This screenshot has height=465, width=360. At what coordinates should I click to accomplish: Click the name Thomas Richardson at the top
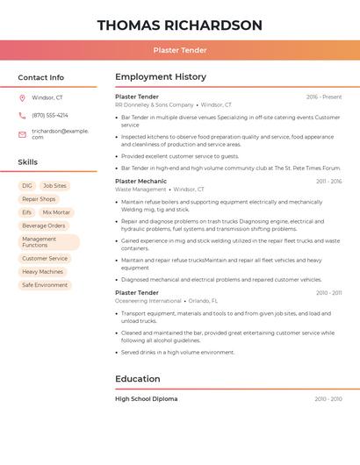tap(179, 25)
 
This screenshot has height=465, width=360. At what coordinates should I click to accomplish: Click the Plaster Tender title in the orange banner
tap(179, 51)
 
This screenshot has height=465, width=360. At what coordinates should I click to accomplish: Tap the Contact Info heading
tap(41, 77)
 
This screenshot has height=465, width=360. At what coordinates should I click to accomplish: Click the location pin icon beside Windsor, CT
tap(22, 97)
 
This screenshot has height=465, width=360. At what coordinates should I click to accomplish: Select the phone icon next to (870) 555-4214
tap(22, 115)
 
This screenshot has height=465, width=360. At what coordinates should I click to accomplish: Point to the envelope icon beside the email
tap(22, 134)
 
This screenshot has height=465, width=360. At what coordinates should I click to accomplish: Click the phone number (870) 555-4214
tap(50, 115)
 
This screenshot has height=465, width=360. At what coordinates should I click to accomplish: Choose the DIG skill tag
tap(27, 186)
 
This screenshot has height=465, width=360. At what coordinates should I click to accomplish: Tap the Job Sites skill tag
tap(54, 186)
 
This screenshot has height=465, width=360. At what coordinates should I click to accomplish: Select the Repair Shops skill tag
tap(39, 199)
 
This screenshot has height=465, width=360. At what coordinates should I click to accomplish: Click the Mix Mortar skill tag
tap(56, 212)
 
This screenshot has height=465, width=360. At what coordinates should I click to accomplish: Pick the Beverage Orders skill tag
tap(44, 225)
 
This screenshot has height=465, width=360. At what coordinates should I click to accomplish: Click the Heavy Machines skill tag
tap(43, 272)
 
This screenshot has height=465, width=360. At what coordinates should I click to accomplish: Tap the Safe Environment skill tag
tap(45, 285)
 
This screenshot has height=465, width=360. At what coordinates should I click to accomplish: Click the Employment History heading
tap(161, 77)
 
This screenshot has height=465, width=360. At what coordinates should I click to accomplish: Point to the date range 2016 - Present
tap(324, 97)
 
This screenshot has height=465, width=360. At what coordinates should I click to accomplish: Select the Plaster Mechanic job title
tap(140, 181)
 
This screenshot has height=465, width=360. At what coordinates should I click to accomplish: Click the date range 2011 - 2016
tap(328, 182)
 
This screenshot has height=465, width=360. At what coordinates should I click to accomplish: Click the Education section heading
tap(138, 379)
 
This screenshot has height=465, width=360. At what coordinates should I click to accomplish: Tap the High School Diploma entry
tap(147, 399)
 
